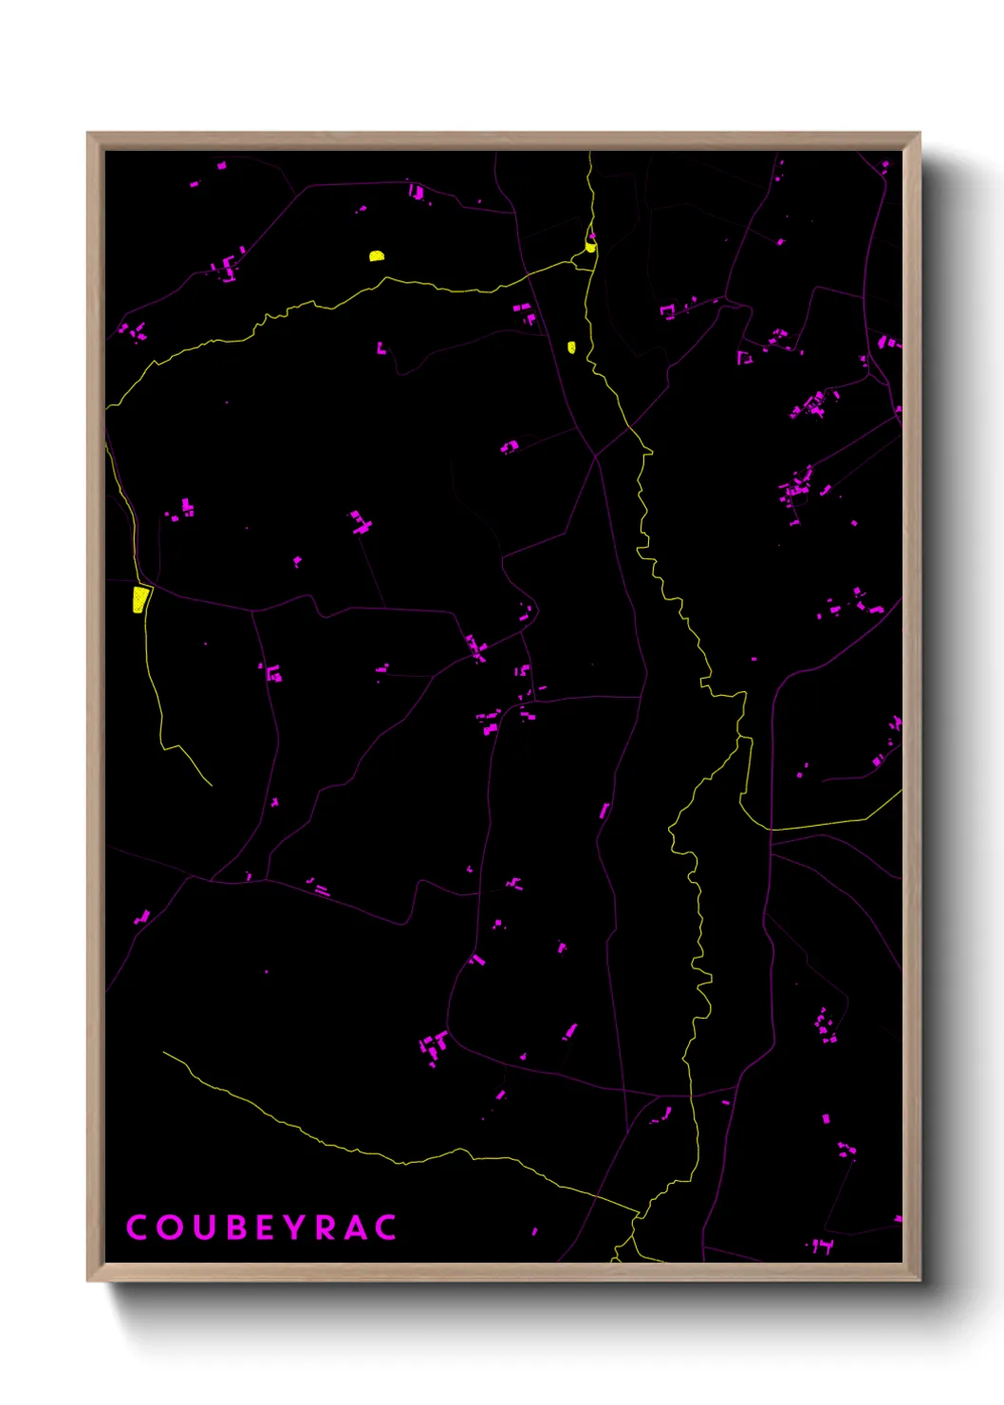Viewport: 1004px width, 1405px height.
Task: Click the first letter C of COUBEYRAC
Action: pos(136,1227)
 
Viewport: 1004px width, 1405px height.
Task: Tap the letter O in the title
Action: pos(169,1227)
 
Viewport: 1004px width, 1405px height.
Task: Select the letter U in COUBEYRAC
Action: pos(203,1227)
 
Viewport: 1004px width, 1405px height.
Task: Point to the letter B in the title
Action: pos(235,1227)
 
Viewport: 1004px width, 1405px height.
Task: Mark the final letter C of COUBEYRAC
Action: pos(385,1227)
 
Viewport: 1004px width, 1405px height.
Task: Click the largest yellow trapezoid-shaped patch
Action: pos(140,600)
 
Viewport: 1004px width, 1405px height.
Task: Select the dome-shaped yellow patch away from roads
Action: pos(377,255)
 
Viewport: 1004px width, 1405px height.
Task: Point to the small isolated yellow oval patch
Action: pos(571,347)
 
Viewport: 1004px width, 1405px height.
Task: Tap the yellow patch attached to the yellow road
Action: pos(590,247)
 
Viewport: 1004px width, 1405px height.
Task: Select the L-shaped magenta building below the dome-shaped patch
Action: pos(381,348)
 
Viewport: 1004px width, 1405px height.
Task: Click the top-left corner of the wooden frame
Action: pos(88,134)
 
